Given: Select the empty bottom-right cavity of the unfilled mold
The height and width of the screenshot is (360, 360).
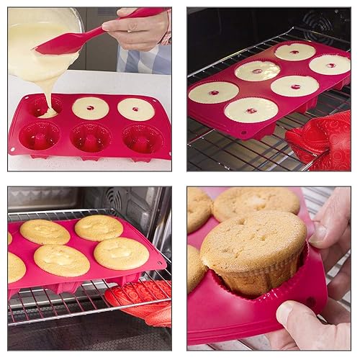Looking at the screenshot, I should (142, 138).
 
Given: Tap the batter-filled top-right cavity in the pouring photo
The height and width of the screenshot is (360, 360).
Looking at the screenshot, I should (136, 109).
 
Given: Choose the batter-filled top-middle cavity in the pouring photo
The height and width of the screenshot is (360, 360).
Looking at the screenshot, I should (91, 108).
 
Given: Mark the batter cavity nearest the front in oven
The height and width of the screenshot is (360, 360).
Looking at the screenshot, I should (250, 109).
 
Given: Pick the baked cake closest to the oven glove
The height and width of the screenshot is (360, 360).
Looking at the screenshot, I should (121, 253).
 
